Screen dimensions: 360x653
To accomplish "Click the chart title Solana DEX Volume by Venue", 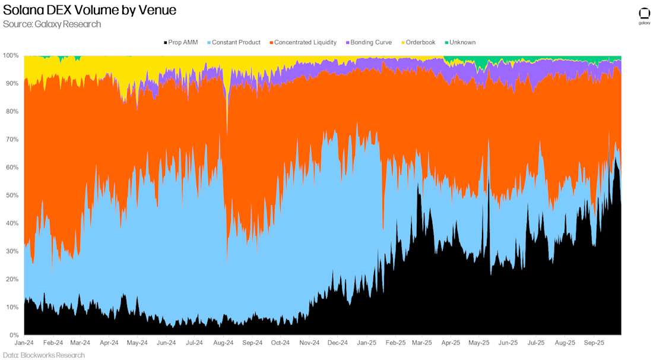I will pos(90,10).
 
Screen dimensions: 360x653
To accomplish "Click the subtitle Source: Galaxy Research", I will pos(52,24).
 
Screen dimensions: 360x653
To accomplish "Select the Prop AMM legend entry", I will pos(180,42).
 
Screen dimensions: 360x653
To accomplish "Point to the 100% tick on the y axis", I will pos(11,55).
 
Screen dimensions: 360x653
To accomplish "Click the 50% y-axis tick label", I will pos(12,195).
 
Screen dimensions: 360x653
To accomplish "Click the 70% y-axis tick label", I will pos(12,140).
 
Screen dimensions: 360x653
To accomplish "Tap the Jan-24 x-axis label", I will pos(24,343).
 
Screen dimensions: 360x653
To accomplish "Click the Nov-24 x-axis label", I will pos(309,343).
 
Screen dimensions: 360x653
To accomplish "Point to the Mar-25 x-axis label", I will pos(421,343).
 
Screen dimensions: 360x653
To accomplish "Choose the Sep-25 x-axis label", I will pos(594,343).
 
